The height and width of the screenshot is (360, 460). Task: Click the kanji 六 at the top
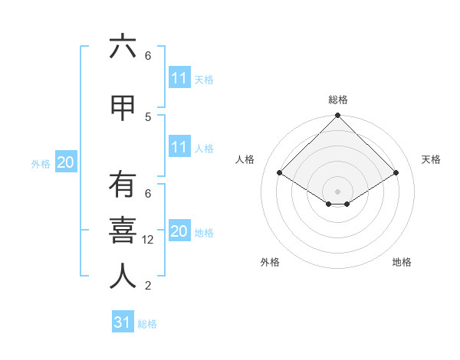[123, 47]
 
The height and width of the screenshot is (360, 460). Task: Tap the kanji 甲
[123, 109]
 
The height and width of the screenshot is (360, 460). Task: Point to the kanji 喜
[123, 231]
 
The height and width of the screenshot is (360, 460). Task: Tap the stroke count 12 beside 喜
[148, 240]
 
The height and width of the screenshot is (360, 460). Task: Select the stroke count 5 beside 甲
[148, 116]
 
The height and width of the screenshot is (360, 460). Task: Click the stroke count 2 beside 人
[148, 286]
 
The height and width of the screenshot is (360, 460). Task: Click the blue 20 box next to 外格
[66, 162]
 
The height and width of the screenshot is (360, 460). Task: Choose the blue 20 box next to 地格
[179, 231]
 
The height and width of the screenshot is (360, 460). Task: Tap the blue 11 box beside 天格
[179, 78]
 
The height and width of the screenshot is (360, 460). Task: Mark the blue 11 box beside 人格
[179, 147]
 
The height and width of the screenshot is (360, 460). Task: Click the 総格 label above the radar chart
[338, 100]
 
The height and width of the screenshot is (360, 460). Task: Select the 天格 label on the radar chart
[431, 159]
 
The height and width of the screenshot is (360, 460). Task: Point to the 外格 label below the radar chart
[270, 262]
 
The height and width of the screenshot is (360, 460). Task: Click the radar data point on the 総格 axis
[338, 116]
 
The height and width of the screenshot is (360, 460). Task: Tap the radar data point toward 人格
[280, 173]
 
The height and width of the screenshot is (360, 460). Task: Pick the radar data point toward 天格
[396, 173]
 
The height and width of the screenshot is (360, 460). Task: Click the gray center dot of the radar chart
[338, 191]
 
